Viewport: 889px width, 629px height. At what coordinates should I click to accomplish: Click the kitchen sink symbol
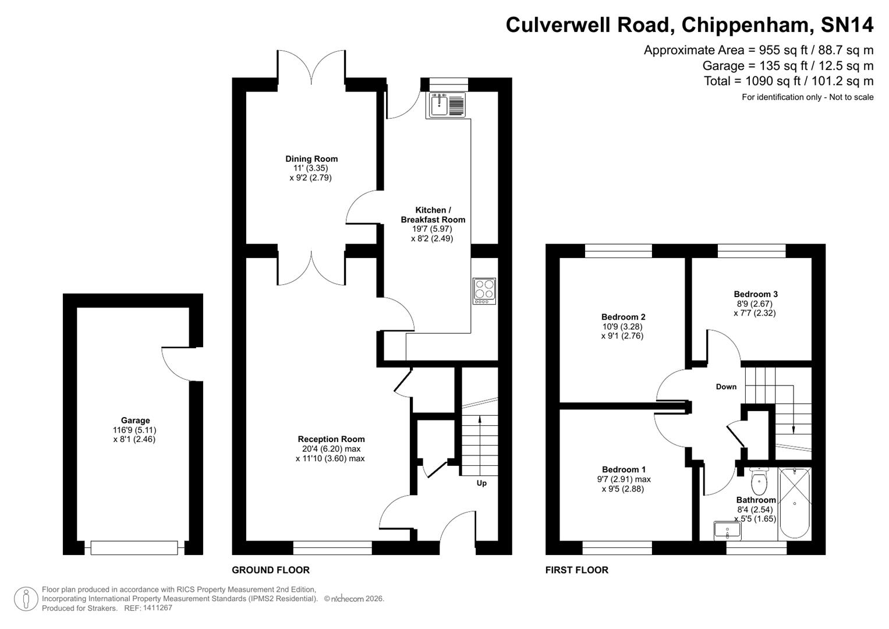pos(447,105)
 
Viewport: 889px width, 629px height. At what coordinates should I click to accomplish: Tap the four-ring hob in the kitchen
pos(484,291)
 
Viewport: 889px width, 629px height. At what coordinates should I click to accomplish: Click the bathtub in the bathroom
pos(794,503)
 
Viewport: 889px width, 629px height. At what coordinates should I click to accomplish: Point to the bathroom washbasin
pos(727,531)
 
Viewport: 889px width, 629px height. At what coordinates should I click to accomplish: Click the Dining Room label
pos(311,158)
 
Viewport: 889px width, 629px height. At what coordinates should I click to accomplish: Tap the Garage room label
pos(135,420)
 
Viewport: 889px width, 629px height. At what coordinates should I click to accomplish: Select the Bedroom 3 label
pos(755,294)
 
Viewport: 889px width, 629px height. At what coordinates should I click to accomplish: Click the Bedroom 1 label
pos(624,469)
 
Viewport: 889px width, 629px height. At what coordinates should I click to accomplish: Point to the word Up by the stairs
pos(481,483)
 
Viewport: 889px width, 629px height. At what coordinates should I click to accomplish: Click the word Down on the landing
pos(726,387)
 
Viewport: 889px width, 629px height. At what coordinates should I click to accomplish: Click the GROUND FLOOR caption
pos(271,570)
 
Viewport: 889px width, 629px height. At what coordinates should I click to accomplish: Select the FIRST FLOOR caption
pos(576,570)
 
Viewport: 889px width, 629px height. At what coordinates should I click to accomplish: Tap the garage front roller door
pos(134,547)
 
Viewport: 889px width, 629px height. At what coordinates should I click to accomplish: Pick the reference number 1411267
pos(157,608)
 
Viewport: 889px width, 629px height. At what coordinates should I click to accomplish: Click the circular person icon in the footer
pos(26,599)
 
